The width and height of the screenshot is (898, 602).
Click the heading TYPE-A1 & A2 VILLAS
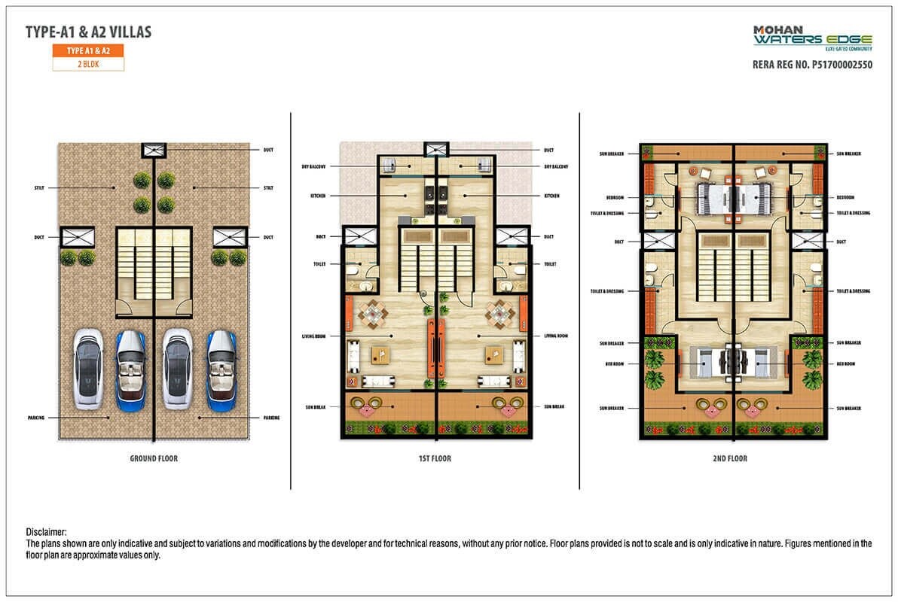pos(88,32)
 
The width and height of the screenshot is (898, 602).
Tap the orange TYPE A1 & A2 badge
pos(88,51)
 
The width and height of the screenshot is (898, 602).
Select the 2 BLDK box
pos(88,65)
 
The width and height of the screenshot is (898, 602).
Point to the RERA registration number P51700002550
pos(812,65)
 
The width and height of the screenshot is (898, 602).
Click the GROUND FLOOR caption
pos(154,458)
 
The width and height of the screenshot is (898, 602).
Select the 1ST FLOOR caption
pos(435,458)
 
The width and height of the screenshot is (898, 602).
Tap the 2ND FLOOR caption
pos(730,458)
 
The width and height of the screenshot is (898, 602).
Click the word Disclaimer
pos(47,532)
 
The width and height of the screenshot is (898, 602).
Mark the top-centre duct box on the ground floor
pos(154,150)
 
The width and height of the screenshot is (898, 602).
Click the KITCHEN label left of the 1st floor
pos(319,196)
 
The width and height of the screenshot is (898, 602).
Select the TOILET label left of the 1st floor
pos(319,264)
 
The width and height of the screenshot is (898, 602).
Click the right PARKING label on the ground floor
pos(271,417)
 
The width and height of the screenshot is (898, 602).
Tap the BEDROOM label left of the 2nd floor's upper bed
pos(615,197)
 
